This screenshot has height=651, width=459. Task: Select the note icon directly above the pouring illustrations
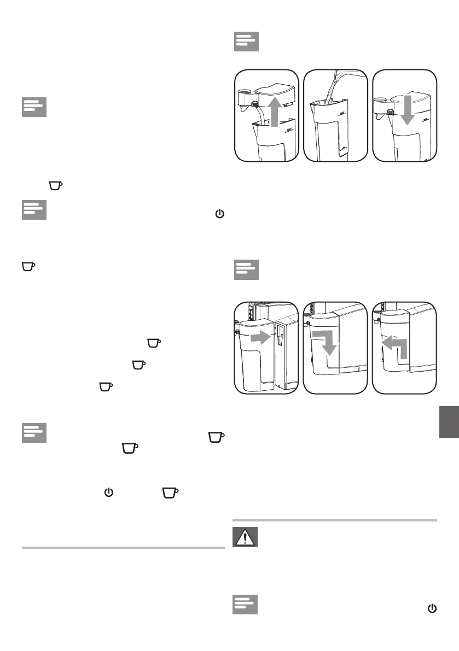pos(246,42)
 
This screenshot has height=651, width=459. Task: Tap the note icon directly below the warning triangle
pos(245,605)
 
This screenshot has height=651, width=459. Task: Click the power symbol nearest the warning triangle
pos(432,608)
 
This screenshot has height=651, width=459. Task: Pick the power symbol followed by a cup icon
pos(108,478)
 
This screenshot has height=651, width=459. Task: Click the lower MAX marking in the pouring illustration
pos(343,147)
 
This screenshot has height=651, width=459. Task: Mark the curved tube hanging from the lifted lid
pos(262,115)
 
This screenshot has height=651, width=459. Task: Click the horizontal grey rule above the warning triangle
pos(334,520)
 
